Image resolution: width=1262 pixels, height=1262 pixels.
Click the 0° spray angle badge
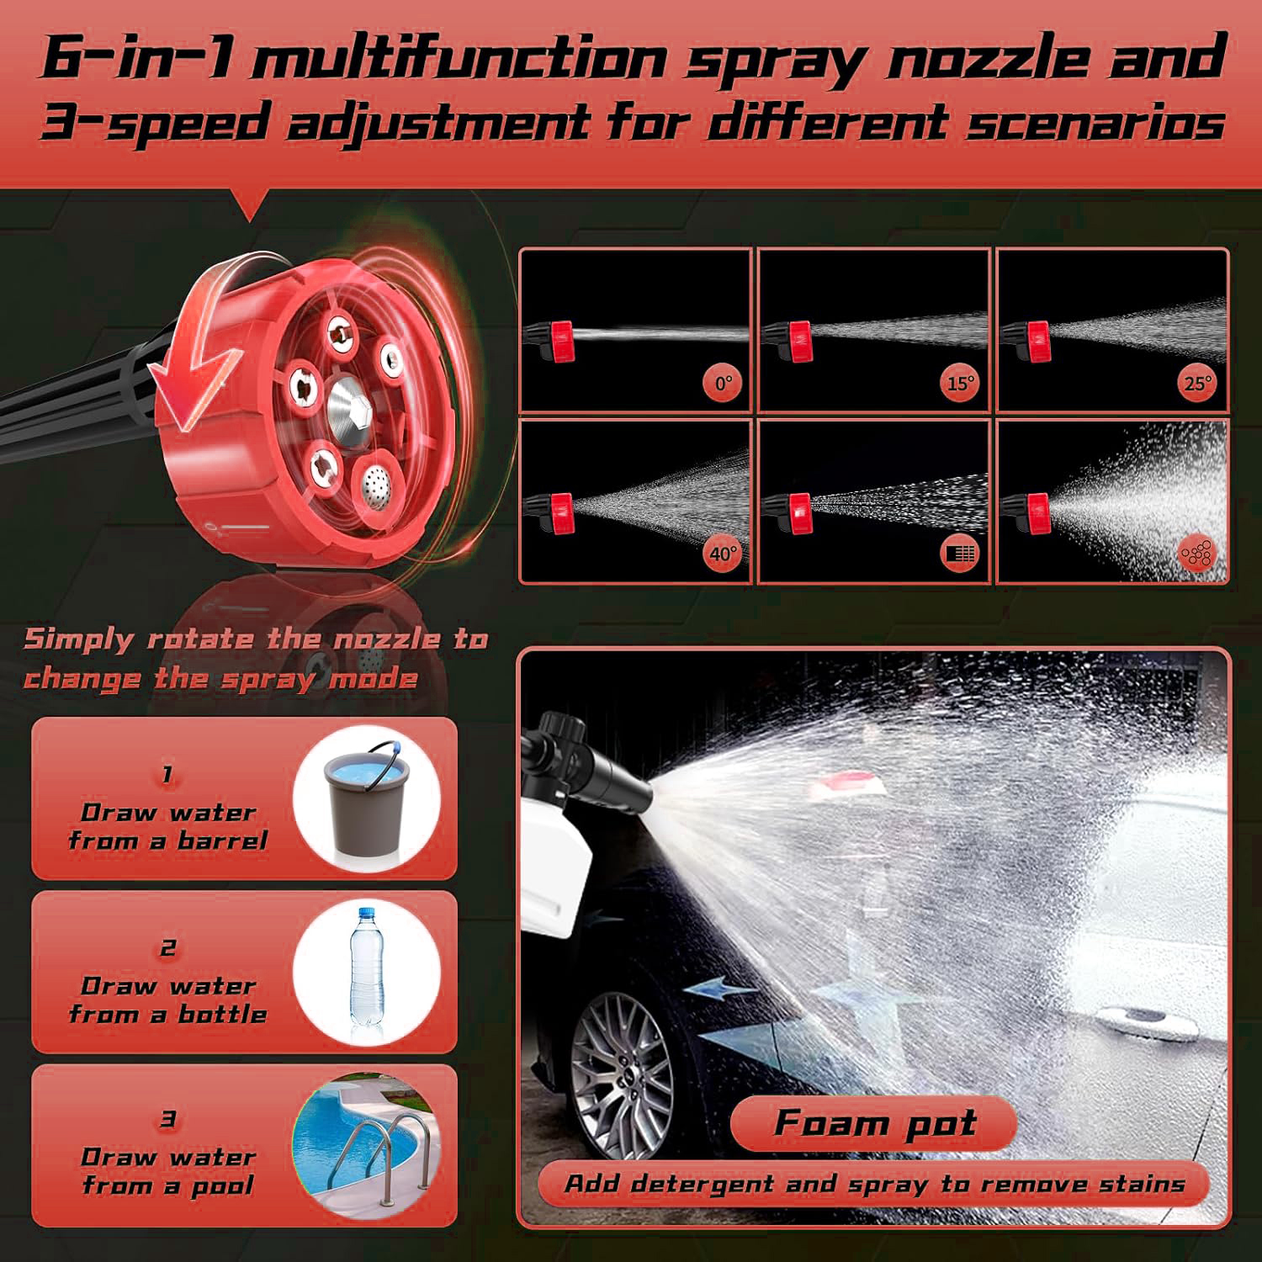724,384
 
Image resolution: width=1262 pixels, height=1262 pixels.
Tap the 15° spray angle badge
961,384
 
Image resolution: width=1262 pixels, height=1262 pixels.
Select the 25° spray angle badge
1198,384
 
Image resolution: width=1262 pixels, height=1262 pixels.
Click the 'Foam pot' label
875,1123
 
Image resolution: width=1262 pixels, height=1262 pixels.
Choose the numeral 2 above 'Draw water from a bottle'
168,948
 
